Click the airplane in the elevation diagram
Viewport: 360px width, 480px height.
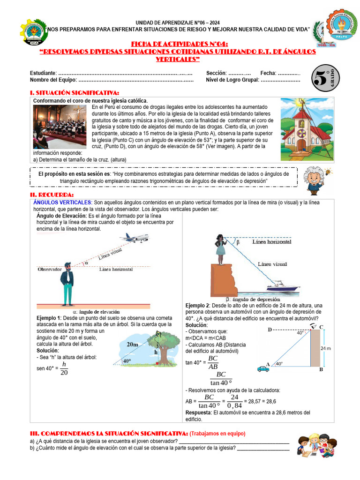coord(134,238)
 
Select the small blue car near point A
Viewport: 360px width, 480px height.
coord(263,368)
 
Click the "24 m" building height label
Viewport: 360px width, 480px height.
coord(326,348)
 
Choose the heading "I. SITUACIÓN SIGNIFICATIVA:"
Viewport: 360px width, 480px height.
coord(74,93)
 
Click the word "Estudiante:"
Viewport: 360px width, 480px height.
coord(43,73)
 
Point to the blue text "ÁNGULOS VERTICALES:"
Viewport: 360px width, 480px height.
coord(62,202)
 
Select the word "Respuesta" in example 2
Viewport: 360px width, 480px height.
coord(199,412)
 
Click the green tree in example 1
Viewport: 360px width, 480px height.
coord(164,347)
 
